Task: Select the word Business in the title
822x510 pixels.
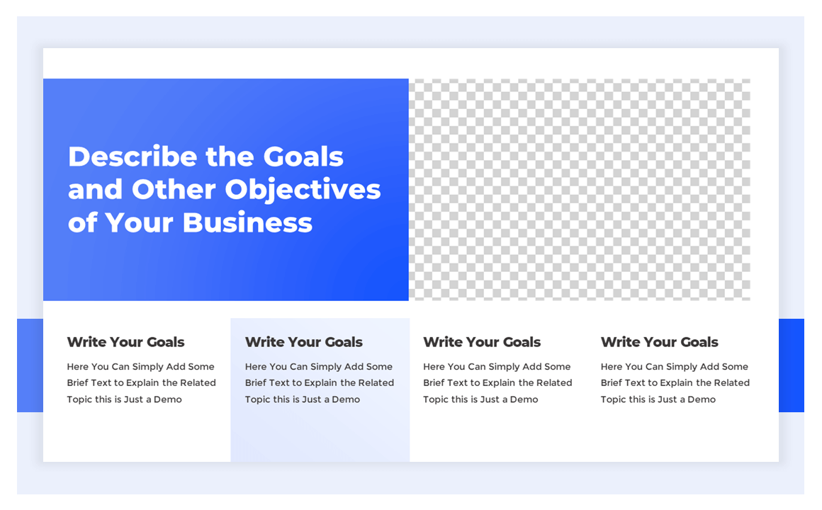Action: click(247, 222)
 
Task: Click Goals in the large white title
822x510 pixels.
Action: click(303, 157)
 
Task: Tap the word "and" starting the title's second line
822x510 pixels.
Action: click(95, 190)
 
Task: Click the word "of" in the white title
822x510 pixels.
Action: click(82, 222)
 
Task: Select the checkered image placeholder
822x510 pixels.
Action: click(580, 189)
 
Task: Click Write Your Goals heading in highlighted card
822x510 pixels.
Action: click(304, 342)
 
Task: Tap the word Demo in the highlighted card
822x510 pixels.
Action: click(346, 399)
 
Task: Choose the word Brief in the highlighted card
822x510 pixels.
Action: click(257, 383)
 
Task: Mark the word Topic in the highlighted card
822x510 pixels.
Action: click(258, 399)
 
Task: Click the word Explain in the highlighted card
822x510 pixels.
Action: click(322, 383)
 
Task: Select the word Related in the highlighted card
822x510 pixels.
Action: click(376, 383)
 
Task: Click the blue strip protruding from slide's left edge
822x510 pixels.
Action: click(30, 365)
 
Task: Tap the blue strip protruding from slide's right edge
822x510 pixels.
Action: click(792, 365)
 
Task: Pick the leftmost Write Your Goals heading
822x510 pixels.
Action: click(126, 342)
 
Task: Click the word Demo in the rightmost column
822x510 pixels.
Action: click(702, 399)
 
